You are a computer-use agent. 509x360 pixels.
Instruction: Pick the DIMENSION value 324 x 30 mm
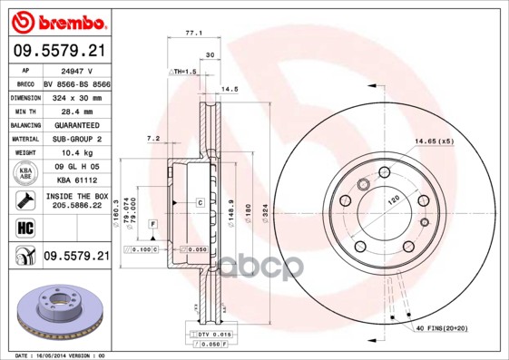76,95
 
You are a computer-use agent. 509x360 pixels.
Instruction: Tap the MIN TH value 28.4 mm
76,110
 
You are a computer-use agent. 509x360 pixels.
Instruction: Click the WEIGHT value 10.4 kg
76,153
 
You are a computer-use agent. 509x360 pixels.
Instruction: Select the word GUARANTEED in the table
76,124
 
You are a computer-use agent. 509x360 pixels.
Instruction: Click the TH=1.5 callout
185,71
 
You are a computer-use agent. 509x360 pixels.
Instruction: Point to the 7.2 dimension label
153,138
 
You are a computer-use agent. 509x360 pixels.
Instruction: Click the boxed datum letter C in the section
199,202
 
